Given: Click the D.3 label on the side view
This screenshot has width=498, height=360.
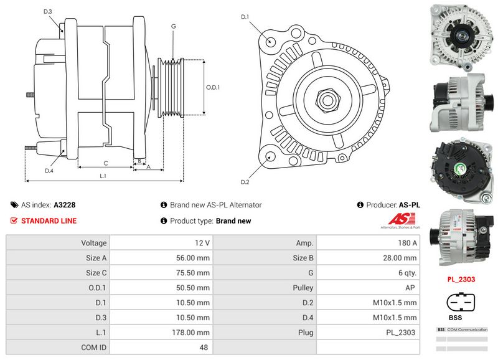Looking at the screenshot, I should (48, 12).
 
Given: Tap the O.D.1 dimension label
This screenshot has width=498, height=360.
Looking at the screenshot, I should (213, 87).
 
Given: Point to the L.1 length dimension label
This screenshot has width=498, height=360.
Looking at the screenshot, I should (103, 176).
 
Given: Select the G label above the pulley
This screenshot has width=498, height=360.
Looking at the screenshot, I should (173, 26).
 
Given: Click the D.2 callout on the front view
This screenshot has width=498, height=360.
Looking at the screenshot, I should (245, 182).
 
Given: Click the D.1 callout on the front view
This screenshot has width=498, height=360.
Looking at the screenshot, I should (245, 16).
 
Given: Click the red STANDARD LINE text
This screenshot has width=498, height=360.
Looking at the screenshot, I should (49, 221).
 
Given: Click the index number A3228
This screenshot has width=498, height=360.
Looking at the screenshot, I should (65, 205).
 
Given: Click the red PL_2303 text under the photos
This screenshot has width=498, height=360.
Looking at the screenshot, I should (461, 279).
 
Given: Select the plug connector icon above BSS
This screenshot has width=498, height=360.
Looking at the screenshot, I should (461, 301).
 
